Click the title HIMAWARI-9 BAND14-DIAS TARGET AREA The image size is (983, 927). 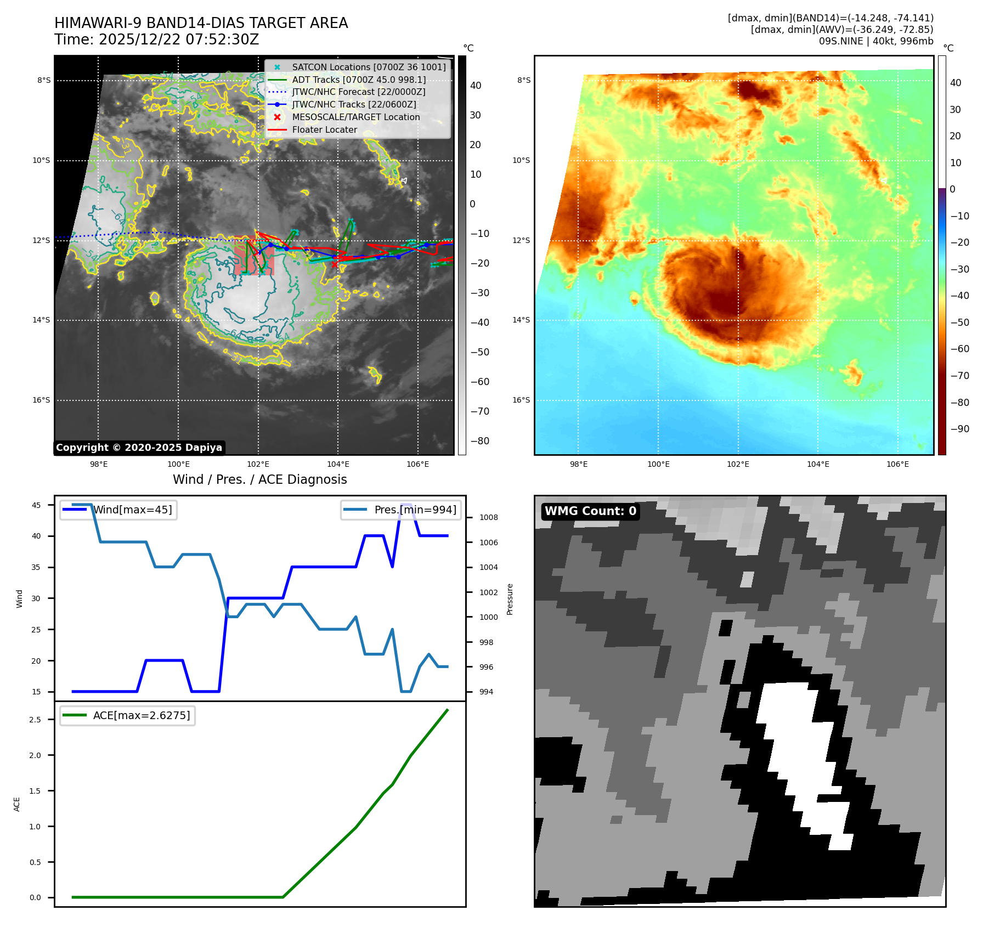click(201, 23)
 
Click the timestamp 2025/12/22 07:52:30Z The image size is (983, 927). click(179, 39)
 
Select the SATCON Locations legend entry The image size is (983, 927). click(369, 67)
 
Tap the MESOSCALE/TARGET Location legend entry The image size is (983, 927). click(355, 117)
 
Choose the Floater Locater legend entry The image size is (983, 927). click(324, 129)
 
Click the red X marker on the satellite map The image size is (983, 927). click(335, 264)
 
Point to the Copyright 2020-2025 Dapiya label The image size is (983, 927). click(139, 448)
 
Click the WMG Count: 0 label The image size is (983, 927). click(590, 511)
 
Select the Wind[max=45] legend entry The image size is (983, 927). click(132, 510)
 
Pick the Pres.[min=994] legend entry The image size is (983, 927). click(415, 510)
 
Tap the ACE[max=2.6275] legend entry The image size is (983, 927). click(141, 715)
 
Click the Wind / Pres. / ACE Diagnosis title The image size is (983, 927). click(259, 479)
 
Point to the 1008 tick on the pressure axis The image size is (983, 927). click(488, 517)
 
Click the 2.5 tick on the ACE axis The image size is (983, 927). click(35, 720)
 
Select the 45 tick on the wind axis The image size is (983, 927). click(36, 505)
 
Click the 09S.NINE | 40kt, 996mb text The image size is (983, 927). click(875, 41)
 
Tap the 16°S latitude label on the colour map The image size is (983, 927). click(521, 400)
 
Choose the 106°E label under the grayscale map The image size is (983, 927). click(417, 464)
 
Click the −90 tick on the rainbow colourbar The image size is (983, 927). click(959, 429)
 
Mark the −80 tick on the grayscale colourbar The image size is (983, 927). click(479, 441)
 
